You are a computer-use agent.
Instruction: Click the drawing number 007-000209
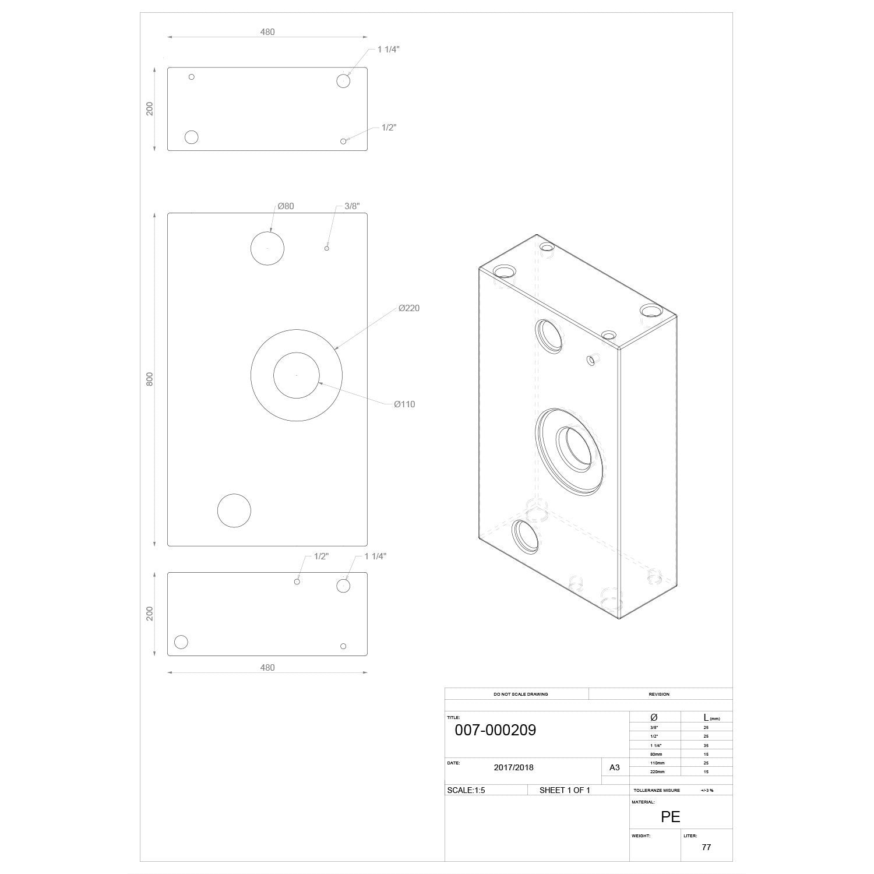click(495, 730)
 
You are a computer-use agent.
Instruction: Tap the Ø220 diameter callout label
click(409, 308)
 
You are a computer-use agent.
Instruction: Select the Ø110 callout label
click(404, 404)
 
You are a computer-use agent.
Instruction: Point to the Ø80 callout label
click(286, 206)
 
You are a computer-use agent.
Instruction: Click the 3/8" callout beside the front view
click(352, 206)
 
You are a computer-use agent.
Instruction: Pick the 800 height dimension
click(150, 379)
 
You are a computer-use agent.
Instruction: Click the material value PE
click(671, 817)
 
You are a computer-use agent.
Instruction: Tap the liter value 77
click(706, 847)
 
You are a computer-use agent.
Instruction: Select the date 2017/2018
click(513, 767)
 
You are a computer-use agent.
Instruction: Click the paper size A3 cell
click(615, 767)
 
